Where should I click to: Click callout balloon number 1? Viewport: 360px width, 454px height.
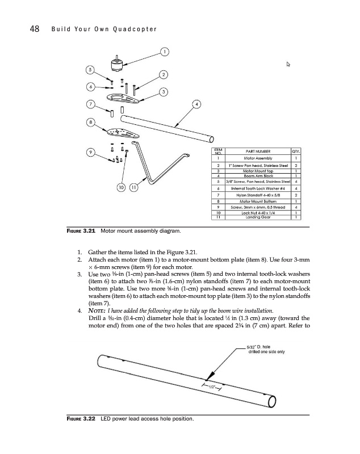point(164,53)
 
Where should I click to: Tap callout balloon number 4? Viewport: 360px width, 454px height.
point(197,104)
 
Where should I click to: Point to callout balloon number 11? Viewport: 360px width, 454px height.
point(133,187)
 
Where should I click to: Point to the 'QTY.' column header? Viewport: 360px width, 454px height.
point(295,152)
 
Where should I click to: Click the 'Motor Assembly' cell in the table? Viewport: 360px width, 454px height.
point(257,158)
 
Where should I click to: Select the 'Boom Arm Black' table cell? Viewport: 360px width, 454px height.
point(257,175)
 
